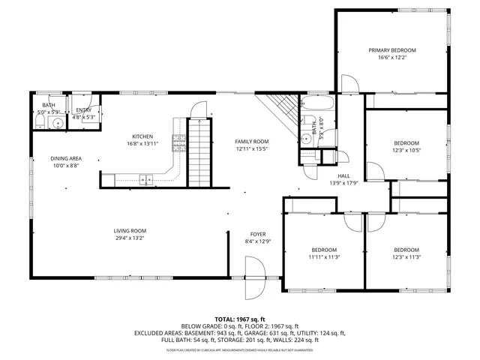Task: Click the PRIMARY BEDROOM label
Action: coord(391,50)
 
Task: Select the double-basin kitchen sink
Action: coord(145,178)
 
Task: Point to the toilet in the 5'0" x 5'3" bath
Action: coord(39,122)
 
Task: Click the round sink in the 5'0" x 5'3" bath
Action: coord(55,122)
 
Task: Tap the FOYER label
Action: coord(257,233)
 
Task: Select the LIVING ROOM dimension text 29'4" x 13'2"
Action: coord(129,239)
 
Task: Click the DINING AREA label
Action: coord(66,158)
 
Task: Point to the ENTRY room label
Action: coord(83,109)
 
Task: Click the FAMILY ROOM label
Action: coord(251,141)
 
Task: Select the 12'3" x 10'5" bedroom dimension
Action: coord(406,151)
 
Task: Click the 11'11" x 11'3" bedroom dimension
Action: coord(324,257)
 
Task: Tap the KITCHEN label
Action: coord(142,136)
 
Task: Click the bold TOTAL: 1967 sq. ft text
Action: coord(240,319)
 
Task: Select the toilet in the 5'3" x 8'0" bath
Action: coord(307,137)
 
